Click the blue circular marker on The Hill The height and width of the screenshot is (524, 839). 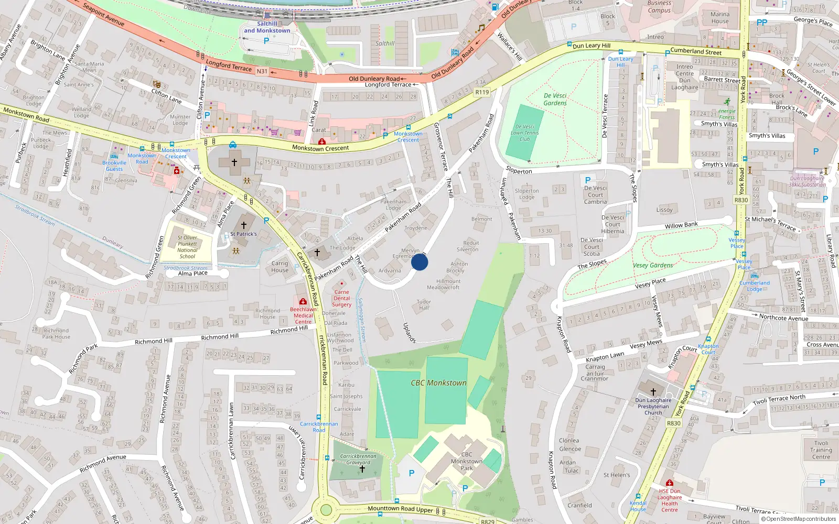point(419,262)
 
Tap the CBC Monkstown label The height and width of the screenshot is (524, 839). point(438,383)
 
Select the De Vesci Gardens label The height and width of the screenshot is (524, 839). point(555,100)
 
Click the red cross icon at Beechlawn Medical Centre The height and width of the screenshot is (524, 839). point(303,302)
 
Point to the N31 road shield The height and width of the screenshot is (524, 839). point(262,71)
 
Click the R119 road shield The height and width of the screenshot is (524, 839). point(482,92)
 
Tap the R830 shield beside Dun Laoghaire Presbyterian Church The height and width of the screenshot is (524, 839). point(673,423)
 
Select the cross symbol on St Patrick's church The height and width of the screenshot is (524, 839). point(243,225)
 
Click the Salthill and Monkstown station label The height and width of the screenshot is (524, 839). point(267,27)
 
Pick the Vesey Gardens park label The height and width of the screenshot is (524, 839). point(653,265)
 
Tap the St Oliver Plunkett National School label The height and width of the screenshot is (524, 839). point(187,247)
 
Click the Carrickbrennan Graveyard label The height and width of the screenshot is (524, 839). point(358,459)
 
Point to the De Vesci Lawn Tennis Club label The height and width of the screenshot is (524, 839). point(524,133)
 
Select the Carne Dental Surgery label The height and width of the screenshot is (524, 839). point(341,298)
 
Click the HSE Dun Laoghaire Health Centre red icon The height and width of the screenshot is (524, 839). point(669,483)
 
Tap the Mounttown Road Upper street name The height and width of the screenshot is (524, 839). point(400,509)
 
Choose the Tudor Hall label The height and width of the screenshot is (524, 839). point(424,304)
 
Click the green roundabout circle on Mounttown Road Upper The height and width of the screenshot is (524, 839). point(326,509)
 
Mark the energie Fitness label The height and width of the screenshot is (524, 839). point(727,114)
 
